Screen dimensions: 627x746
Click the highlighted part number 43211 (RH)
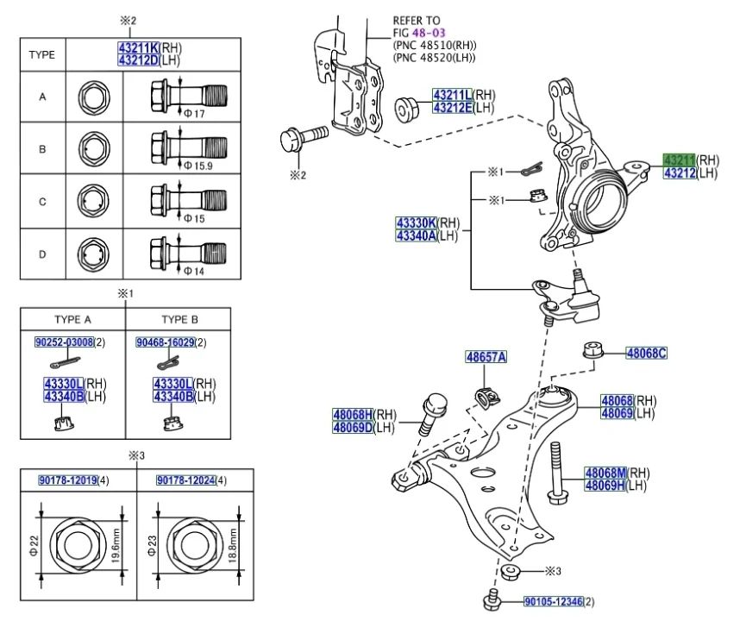pyautogui.click(x=679, y=160)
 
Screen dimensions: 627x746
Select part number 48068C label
pyautogui.click(x=646, y=353)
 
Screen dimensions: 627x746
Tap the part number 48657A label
pyautogui.click(x=486, y=357)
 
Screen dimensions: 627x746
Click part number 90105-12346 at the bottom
pyautogui.click(x=553, y=601)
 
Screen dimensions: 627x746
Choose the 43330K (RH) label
pyautogui.click(x=416, y=223)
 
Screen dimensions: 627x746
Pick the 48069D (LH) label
pyautogui.click(x=353, y=427)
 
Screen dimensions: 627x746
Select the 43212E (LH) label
pyautogui.click(x=453, y=108)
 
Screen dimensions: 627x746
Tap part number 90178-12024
pyautogui.click(x=185, y=480)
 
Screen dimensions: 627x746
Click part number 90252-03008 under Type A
pyautogui.click(x=63, y=342)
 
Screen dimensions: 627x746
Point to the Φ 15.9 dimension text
pyautogui.click(x=199, y=165)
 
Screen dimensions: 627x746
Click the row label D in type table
pyautogui.click(x=42, y=254)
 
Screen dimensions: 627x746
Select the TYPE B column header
pyautogui.click(x=179, y=319)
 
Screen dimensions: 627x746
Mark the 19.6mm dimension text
pyautogui.click(x=116, y=546)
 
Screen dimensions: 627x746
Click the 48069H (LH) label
pyautogui.click(x=605, y=486)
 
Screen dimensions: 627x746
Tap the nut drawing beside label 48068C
pyautogui.click(x=592, y=351)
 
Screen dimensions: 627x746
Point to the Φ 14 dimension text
pyautogui.click(x=195, y=271)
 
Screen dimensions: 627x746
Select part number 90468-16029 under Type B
pyautogui.click(x=165, y=342)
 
